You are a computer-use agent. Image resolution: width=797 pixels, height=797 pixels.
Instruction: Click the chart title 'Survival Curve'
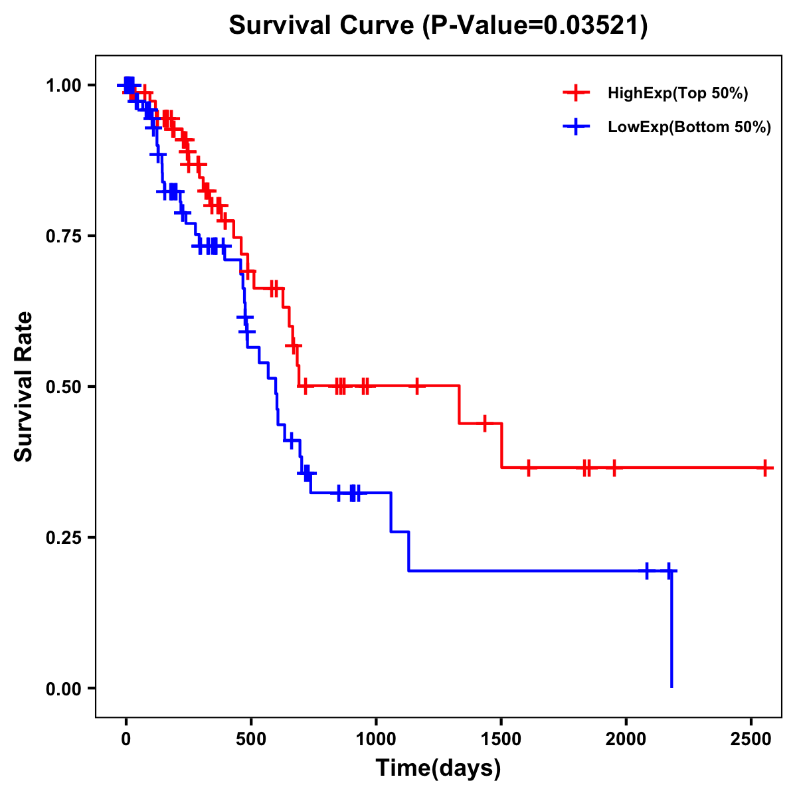point(324,26)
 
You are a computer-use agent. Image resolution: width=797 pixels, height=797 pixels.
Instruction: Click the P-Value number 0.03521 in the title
point(593,26)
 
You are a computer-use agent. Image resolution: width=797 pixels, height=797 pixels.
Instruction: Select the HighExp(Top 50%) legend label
point(677,94)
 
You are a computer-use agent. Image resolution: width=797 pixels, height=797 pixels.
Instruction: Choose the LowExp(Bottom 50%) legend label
point(689,128)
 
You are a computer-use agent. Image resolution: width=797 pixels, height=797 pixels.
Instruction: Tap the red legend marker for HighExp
point(576,93)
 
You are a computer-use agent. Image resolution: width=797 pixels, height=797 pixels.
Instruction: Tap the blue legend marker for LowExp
point(576,127)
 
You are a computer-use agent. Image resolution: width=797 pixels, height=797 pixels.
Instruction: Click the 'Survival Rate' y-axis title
point(24,387)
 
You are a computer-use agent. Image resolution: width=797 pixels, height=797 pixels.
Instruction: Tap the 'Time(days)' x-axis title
point(438,768)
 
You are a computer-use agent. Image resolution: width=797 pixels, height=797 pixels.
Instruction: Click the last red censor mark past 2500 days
point(765,468)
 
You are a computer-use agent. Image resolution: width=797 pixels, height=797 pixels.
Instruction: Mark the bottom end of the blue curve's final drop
point(671,686)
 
